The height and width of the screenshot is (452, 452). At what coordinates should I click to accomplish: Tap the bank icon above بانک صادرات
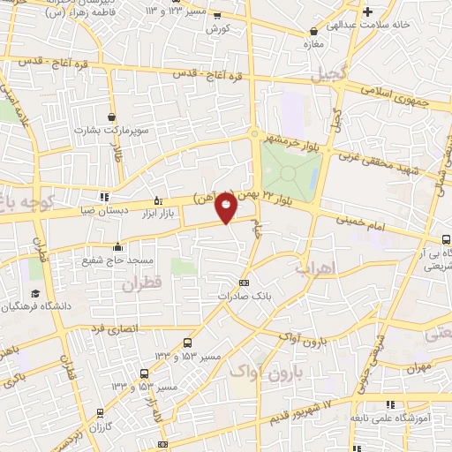[x=245, y=282]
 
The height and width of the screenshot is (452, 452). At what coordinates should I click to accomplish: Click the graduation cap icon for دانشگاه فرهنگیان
[x=35, y=293]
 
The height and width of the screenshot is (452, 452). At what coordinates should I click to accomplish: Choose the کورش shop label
[x=217, y=29]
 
